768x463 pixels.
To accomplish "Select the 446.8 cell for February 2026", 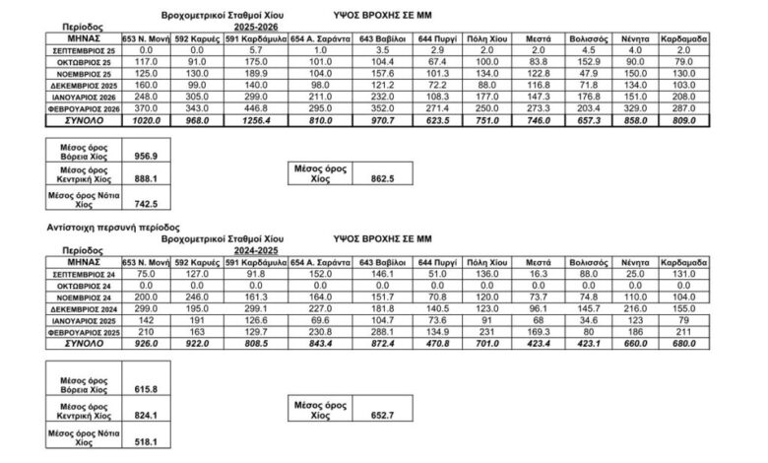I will click(254, 107).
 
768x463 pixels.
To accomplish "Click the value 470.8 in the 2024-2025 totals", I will click(436, 345).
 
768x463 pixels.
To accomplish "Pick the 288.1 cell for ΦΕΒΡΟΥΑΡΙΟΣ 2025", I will click(374, 332).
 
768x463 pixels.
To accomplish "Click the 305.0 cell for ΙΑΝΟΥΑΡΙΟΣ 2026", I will click(196, 96).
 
